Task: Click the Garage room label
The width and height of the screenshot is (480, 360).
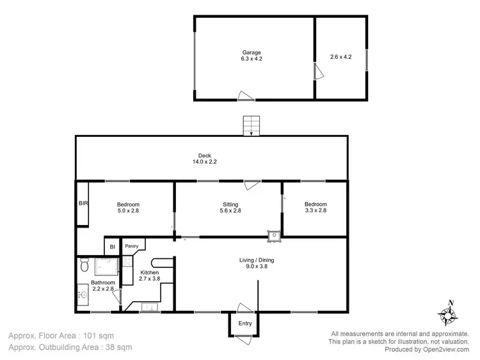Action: click(251, 52)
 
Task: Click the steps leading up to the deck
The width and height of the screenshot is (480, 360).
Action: click(252, 126)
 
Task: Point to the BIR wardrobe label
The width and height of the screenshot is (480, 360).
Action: click(83, 203)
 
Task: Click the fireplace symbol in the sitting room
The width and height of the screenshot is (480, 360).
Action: click(275, 235)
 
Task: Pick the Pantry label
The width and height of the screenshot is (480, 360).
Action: click(132, 246)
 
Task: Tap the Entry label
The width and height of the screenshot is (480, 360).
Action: click(245, 324)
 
